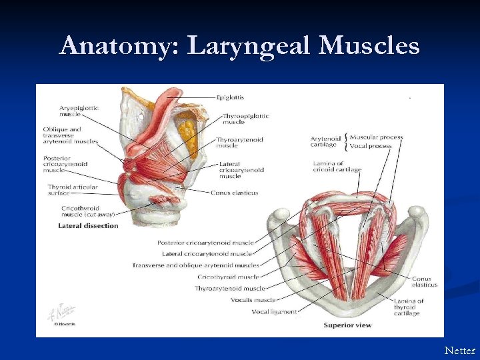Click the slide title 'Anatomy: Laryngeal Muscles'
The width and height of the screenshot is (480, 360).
239,46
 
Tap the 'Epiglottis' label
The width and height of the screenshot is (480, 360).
230,97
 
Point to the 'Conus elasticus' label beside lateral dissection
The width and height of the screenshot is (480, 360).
234,193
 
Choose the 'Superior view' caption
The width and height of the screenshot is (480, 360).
347,325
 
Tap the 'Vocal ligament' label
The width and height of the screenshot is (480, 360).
275,311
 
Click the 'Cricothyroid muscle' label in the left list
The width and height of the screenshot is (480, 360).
228,277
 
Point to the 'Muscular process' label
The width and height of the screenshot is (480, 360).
376,137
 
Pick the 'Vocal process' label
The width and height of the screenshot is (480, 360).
371,145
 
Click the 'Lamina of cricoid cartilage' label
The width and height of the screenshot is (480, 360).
337,166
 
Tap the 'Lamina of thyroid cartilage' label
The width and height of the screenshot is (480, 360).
408,307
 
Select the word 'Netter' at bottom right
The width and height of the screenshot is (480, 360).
460,350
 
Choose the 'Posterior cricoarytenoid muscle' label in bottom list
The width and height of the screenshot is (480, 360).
205,243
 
